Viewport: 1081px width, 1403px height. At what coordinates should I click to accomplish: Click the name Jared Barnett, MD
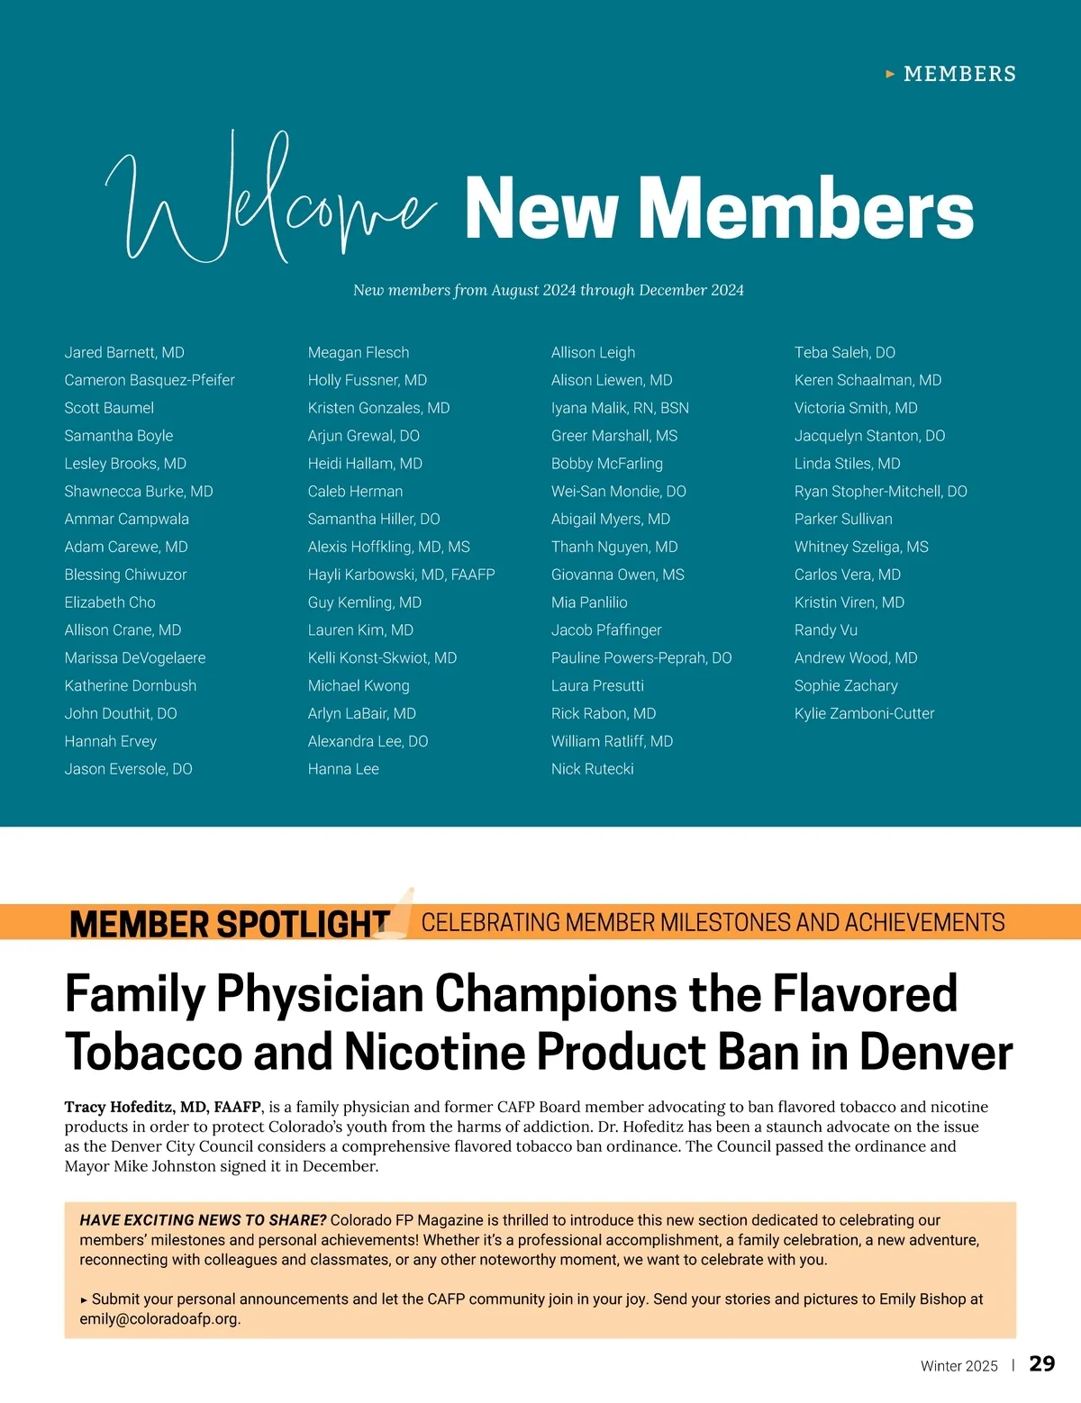(124, 352)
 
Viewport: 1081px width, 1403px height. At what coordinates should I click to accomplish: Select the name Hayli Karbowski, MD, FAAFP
(401, 575)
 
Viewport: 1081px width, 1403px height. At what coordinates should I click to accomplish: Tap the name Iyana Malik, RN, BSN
(620, 408)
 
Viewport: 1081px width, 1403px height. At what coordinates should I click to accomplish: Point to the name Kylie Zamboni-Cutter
(864, 713)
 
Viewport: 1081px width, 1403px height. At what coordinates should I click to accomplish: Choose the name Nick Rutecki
(592, 769)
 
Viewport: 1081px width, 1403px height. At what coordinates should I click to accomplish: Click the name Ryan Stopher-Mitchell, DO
(880, 491)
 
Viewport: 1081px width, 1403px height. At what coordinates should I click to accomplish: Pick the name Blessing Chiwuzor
(125, 575)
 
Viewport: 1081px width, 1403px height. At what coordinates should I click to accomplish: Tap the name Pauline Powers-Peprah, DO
(641, 657)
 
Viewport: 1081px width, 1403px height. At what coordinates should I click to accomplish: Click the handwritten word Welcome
(270, 203)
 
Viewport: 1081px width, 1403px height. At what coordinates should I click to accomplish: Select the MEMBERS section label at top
(959, 74)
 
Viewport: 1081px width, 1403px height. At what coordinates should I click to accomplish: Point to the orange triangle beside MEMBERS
(890, 74)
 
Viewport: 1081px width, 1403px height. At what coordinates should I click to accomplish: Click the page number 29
(1041, 1363)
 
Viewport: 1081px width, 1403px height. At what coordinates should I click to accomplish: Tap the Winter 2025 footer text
(958, 1366)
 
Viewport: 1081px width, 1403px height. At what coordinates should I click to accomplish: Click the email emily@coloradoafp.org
(159, 1318)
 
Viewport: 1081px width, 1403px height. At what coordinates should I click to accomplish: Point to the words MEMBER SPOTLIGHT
(229, 924)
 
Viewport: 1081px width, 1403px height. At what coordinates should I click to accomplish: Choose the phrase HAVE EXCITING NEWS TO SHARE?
(203, 1220)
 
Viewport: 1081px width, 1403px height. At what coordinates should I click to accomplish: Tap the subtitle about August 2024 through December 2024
(548, 290)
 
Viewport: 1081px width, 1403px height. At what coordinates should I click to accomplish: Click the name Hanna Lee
(343, 769)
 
